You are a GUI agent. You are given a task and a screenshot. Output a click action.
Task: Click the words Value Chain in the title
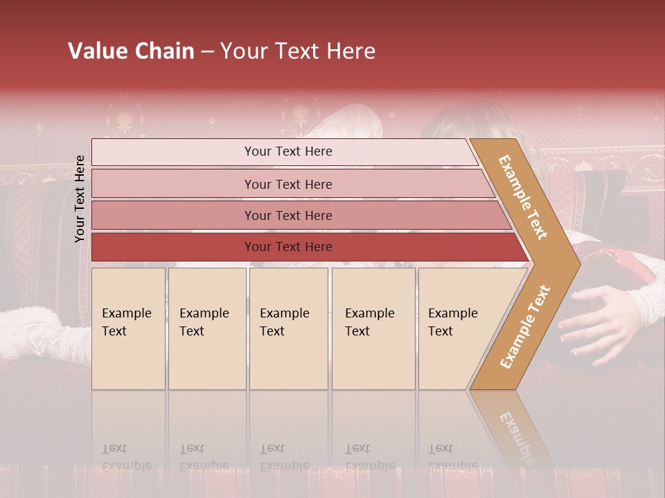pyautogui.click(x=131, y=51)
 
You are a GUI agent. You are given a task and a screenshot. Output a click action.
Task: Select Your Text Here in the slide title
pyautogui.click(x=298, y=51)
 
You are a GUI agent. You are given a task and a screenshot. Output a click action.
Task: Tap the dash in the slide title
pyautogui.click(x=207, y=52)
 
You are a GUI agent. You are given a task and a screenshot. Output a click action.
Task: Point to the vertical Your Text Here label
pyautogui.click(x=80, y=199)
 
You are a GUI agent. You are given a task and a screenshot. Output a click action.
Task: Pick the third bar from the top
pyautogui.click(x=291, y=215)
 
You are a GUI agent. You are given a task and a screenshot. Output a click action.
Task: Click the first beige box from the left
pyautogui.click(x=128, y=329)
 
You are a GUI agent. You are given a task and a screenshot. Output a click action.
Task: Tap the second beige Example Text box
pyautogui.click(x=207, y=329)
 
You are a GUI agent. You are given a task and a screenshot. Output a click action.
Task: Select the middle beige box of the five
pyautogui.click(x=288, y=329)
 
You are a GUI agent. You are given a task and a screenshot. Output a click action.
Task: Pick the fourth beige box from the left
pyautogui.click(x=373, y=329)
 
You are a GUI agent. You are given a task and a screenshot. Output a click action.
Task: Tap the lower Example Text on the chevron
pyautogui.click(x=525, y=327)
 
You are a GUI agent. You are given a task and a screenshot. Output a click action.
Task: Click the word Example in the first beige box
pyautogui.click(x=126, y=313)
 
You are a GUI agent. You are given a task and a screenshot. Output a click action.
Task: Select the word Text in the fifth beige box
pyautogui.click(x=441, y=331)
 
